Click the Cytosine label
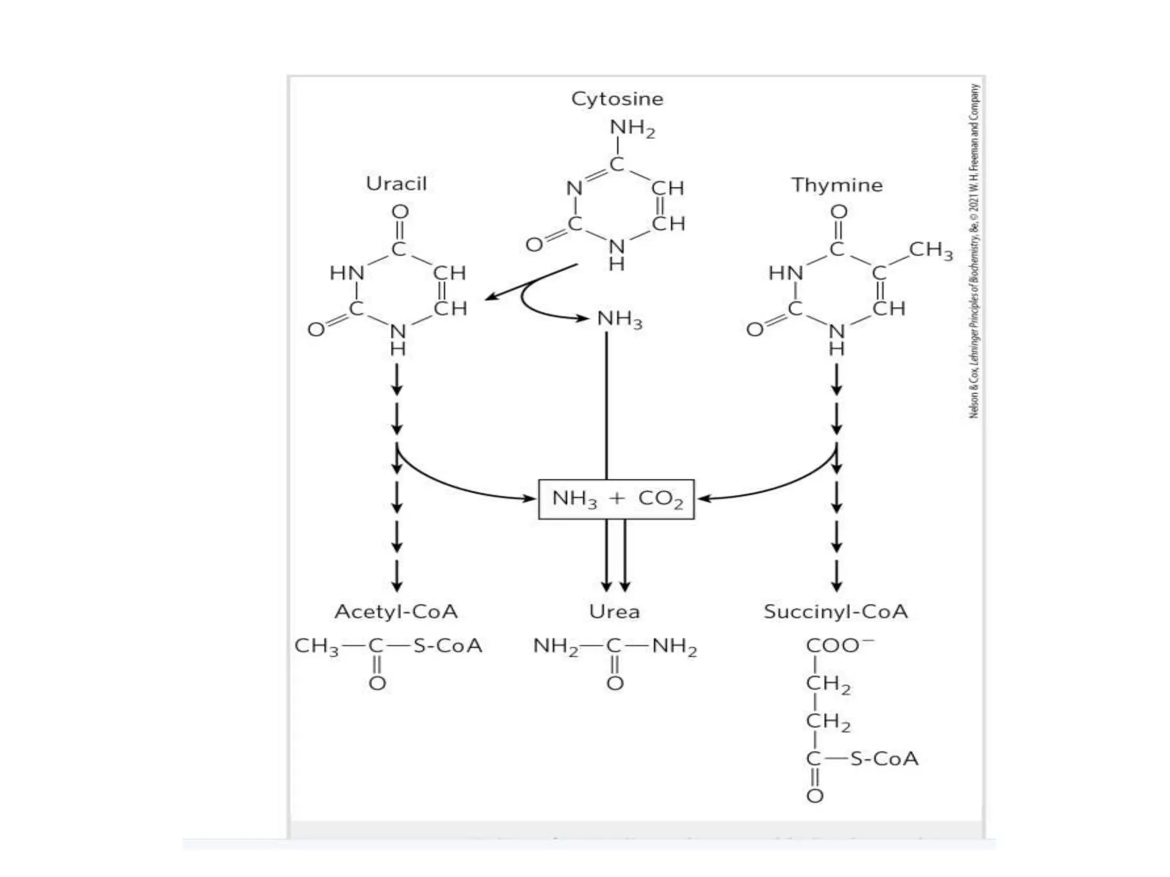coord(617,99)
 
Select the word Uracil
coord(396,184)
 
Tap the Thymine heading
coord(836,185)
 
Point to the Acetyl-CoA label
coord(396,612)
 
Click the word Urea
coord(614,612)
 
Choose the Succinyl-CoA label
coord(835,612)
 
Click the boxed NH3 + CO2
coord(616,499)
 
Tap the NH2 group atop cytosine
coord(632,128)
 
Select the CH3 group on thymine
coord(931,250)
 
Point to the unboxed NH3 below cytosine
coord(619,319)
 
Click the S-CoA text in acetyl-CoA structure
coord(447,646)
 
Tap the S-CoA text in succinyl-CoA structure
coord(884,759)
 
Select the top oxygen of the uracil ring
coord(400,212)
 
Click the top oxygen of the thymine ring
coord(838,212)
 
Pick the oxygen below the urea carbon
coord(615,683)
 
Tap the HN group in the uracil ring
coord(347,273)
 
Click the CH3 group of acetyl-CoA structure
coord(316,646)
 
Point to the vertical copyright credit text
coord(974,251)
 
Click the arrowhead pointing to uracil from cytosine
coord(490,297)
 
